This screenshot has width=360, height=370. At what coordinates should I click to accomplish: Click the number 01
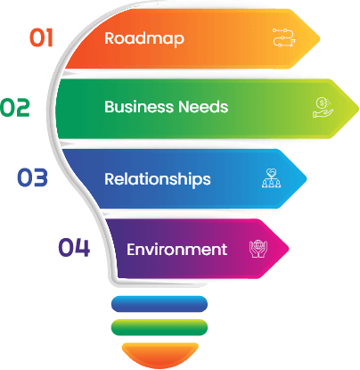point(41,37)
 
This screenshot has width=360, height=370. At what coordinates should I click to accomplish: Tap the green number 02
point(15,107)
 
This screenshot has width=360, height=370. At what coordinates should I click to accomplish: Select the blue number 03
point(32,177)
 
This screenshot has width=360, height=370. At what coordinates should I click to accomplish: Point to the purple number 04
point(74,247)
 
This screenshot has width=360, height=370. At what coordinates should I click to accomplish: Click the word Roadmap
point(144,39)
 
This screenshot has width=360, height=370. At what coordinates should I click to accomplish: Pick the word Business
point(139,107)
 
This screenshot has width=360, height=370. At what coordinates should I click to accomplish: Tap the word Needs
point(203,107)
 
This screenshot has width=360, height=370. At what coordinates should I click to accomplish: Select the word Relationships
point(158,179)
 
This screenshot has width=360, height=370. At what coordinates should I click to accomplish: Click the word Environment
point(177,250)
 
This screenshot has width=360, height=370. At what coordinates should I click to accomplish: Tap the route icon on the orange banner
point(284,37)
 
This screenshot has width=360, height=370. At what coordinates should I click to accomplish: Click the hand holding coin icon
point(323,107)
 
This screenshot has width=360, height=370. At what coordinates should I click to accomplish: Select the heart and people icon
point(271,178)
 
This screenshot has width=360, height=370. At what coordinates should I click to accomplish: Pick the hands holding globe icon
point(258,249)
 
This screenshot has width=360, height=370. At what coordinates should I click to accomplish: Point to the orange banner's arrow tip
point(320,38)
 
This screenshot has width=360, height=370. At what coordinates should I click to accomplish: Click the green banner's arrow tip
point(358,109)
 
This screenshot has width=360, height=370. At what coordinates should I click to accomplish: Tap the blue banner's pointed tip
point(307,178)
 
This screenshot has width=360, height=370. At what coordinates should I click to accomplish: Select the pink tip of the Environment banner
point(289,249)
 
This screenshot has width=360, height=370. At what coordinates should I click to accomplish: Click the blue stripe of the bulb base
point(160,304)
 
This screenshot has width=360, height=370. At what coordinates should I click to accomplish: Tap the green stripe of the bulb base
point(160,327)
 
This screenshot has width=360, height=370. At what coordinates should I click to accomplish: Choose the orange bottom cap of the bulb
point(160,355)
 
